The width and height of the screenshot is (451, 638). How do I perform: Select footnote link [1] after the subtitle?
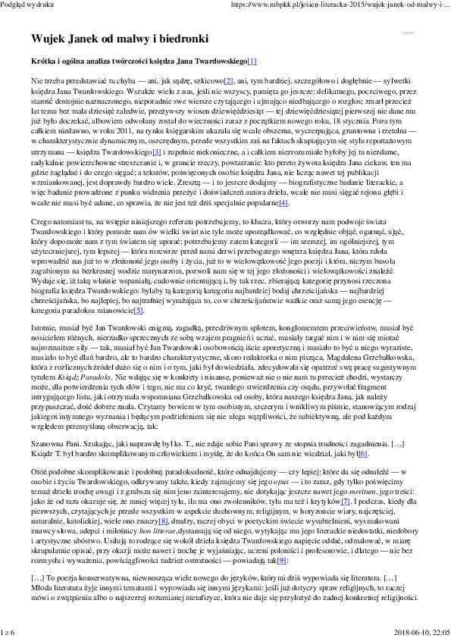tap(252, 61)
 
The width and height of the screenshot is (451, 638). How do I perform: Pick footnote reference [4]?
tap(283, 203)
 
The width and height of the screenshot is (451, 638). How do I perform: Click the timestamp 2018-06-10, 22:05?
tap(421, 631)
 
